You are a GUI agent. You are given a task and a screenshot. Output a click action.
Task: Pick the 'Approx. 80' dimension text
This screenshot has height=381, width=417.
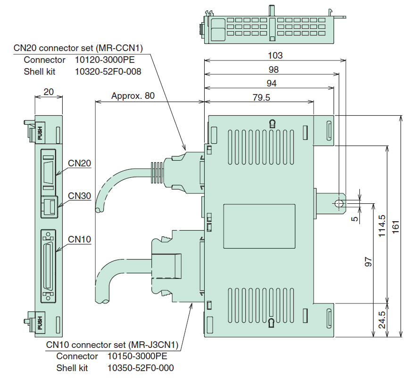(x=133, y=95)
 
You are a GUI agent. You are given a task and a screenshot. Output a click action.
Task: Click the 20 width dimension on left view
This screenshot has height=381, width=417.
(x=48, y=92)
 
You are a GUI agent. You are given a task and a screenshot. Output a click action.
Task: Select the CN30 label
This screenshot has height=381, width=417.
(x=79, y=195)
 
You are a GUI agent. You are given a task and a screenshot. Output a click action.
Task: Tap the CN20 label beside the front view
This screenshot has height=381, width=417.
(x=79, y=163)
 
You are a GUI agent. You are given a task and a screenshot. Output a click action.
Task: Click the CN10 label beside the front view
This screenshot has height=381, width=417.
(x=79, y=239)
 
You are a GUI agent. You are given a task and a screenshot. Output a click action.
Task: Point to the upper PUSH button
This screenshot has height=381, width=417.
(x=40, y=132)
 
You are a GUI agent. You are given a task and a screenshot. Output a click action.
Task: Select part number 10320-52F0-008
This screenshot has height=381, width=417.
(x=108, y=71)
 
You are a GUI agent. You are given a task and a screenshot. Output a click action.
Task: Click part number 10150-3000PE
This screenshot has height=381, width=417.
(x=137, y=356)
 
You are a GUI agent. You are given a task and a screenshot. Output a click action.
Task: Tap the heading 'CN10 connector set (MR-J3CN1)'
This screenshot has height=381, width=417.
(x=112, y=344)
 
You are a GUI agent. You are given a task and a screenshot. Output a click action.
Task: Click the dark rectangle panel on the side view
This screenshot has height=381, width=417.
(x=259, y=226)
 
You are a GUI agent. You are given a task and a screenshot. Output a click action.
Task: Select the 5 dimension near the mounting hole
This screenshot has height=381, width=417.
(x=354, y=218)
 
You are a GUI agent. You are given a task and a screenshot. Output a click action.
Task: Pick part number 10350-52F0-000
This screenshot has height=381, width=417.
(x=141, y=368)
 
